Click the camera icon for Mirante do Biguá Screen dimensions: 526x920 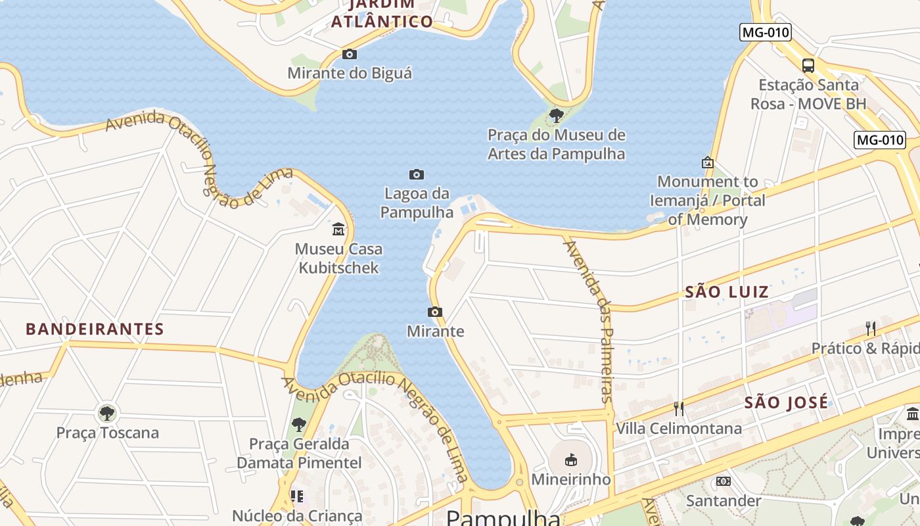pyautogui.click(x=350, y=54)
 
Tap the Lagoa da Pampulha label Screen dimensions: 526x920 pyautogui.click(x=417, y=203)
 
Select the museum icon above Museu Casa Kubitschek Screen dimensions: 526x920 pyautogui.click(x=338, y=229)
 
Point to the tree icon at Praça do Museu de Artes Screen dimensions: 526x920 pyautogui.click(x=557, y=116)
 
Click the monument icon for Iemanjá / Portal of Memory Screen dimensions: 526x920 pyautogui.click(x=708, y=162)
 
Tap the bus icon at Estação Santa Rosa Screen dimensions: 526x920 pyautogui.click(x=808, y=65)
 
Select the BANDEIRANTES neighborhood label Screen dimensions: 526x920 pyautogui.click(x=95, y=329)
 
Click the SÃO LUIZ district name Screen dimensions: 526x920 pyautogui.click(x=727, y=292)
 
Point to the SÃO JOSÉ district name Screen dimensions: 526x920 pyautogui.click(x=786, y=403)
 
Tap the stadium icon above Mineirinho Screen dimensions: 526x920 pyautogui.click(x=570, y=460)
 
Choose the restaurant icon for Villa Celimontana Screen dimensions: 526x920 pyautogui.click(x=679, y=409)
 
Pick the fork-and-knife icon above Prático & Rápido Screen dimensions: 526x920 pyautogui.click(x=871, y=328)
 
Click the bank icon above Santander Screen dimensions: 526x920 pyautogui.click(x=724, y=481)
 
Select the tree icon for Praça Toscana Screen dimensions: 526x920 pyautogui.click(x=107, y=414)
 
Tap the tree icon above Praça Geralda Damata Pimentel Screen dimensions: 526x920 pyautogui.click(x=299, y=425)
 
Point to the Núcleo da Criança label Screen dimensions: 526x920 pyautogui.click(x=297, y=515)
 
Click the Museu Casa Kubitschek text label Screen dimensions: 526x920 pyautogui.click(x=338, y=258)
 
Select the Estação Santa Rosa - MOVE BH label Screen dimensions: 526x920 pyautogui.click(x=808, y=94)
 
